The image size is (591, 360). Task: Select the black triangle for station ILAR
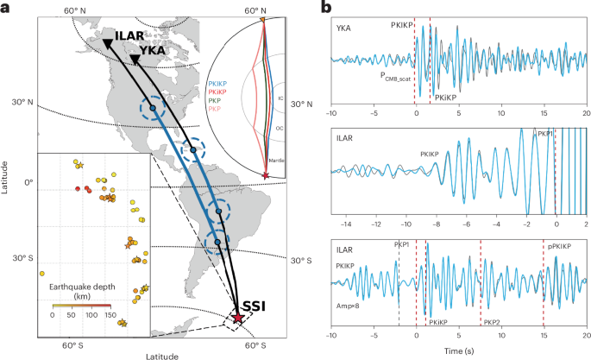click(107, 44)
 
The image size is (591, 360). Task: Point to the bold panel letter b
click(325, 8)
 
